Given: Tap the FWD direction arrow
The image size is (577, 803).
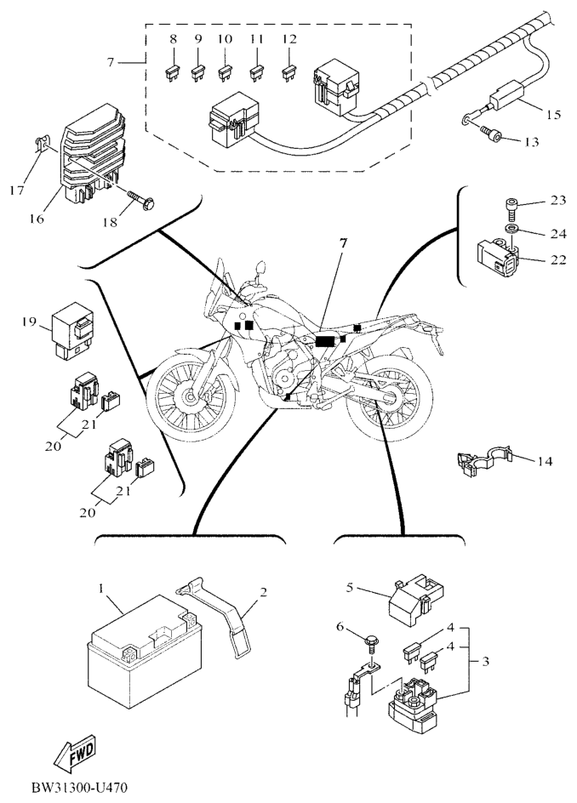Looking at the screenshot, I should [73, 754].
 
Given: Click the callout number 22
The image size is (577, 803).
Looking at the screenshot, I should [557, 261].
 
